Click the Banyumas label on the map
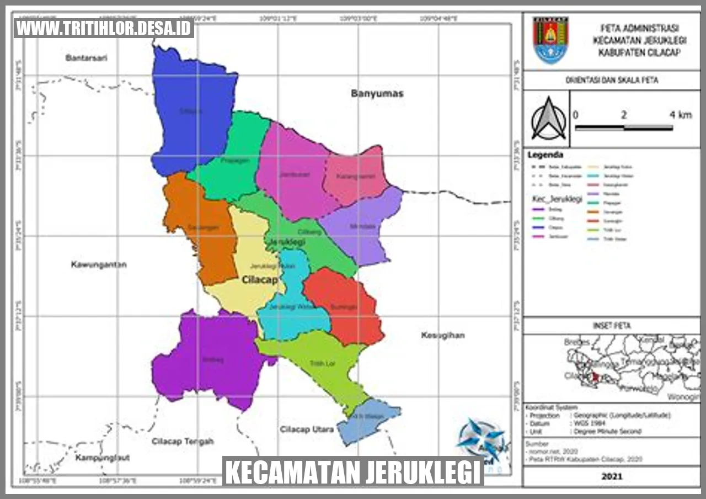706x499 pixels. [x=377, y=93]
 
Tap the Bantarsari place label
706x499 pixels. [x=85, y=58]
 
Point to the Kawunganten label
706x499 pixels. [x=99, y=264]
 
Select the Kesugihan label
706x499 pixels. [x=442, y=335]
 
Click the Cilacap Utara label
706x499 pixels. [x=306, y=429]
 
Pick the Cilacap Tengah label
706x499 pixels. [x=182, y=441]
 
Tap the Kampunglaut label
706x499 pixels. [x=98, y=458]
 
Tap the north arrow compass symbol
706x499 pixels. [x=548, y=119]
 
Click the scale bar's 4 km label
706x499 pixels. [x=680, y=115]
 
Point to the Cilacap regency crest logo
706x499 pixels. [x=550, y=40]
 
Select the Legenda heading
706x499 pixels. [x=545, y=155]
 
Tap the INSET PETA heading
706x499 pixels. [x=611, y=326]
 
